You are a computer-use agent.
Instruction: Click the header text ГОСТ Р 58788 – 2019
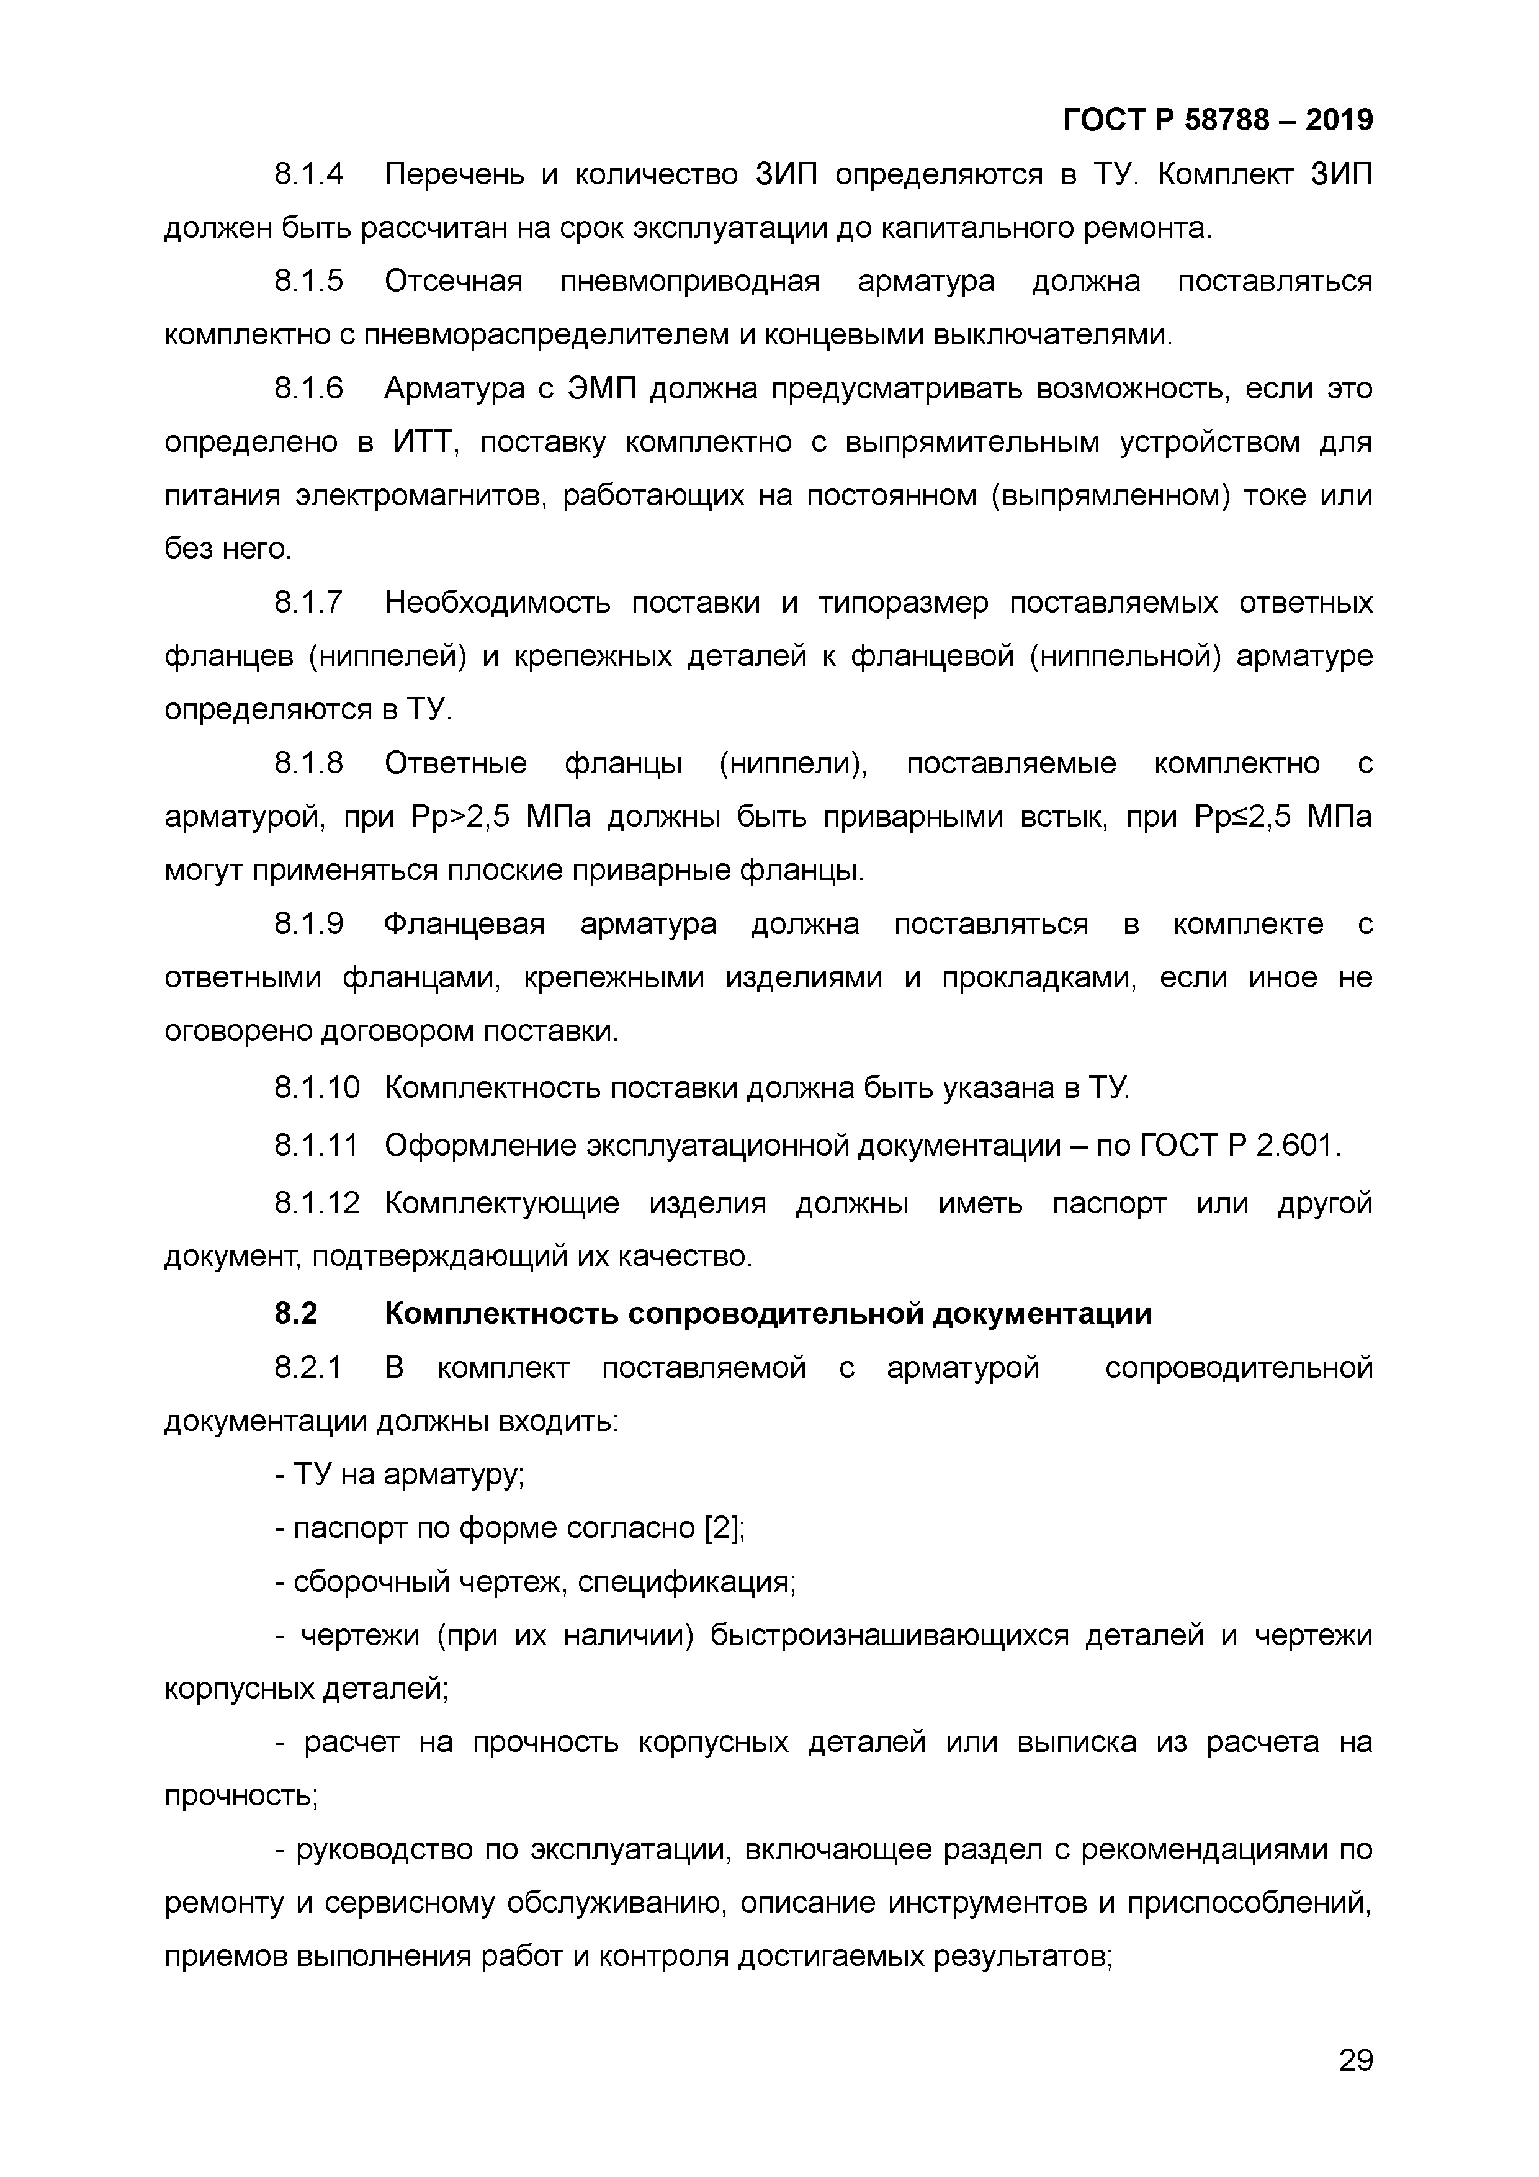point(1218,120)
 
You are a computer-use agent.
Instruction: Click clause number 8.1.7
point(308,603)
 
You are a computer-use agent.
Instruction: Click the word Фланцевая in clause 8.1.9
point(465,925)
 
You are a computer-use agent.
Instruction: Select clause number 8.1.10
point(316,1087)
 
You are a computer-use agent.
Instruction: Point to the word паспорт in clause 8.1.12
point(1108,1204)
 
